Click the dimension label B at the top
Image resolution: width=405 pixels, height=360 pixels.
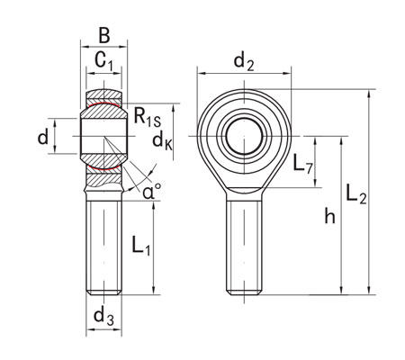point(104,36)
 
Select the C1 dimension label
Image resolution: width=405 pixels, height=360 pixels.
point(104,63)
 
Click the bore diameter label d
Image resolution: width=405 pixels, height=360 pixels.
point(42,137)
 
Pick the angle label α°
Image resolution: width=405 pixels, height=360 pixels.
point(152,190)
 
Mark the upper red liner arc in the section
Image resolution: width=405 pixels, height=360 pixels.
point(104,105)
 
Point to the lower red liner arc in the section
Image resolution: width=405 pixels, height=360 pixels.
point(104,168)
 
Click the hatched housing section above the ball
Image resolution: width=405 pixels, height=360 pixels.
point(104,95)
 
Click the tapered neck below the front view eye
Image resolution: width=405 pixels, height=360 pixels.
point(243,184)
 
